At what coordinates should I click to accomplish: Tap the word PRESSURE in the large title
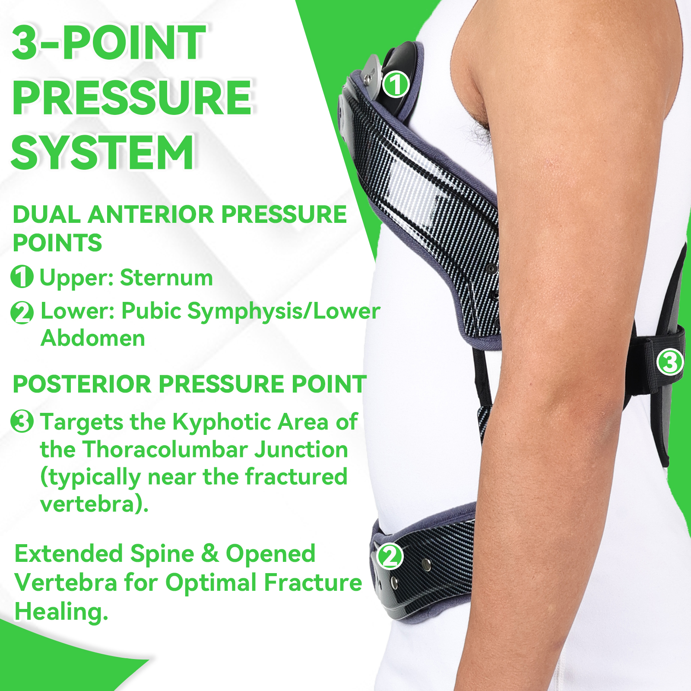point(132,97)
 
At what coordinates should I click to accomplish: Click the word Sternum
point(166,277)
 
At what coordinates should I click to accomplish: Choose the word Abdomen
point(93,338)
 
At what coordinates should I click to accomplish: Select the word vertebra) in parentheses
point(95,504)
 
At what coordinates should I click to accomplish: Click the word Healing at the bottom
point(61,612)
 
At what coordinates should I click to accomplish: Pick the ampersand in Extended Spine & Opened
point(210,554)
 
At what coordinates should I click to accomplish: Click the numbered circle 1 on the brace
point(396,84)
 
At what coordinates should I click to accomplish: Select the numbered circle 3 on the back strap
point(670,362)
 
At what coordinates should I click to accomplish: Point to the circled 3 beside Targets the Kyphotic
point(22,421)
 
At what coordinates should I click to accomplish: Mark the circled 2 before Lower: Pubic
point(22,312)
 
